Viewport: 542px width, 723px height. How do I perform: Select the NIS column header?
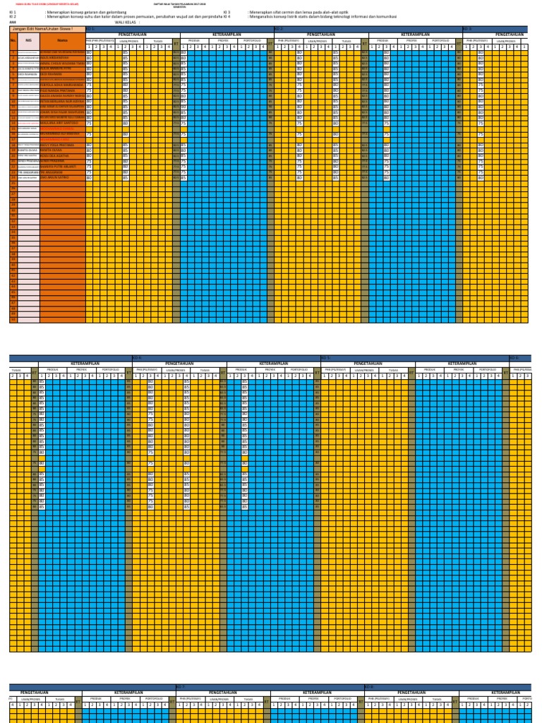click(x=29, y=40)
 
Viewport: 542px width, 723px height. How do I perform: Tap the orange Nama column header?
click(x=62, y=40)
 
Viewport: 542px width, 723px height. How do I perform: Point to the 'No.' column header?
click(x=13, y=40)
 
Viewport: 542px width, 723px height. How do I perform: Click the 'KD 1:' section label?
click(x=90, y=28)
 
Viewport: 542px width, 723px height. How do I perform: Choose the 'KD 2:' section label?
click(x=278, y=28)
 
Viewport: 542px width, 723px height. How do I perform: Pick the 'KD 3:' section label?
click(x=466, y=28)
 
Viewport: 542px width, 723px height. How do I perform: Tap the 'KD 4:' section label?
click(x=137, y=358)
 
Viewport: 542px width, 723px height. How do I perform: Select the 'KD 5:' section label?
click(x=325, y=358)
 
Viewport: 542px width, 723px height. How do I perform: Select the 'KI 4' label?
click(x=227, y=17)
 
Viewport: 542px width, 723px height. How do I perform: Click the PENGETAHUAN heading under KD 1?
click(x=133, y=34)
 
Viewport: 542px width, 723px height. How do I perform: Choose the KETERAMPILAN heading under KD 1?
click(x=227, y=34)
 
